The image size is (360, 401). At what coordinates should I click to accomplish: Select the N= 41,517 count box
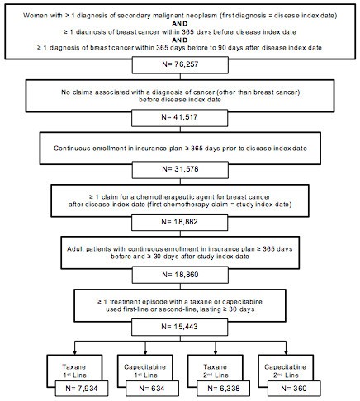[x=180, y=121]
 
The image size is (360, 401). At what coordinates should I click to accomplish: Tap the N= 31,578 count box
[x=180, y=171]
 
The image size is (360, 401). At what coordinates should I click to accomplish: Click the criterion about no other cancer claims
[x=180, y=97]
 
